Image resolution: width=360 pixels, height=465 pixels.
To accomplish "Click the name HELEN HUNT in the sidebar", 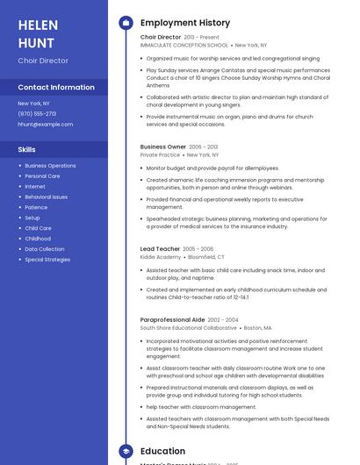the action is point(38,33).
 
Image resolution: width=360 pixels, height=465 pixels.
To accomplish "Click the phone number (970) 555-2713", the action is point(37,114).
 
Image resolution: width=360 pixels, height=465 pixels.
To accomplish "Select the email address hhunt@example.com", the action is point(46,125).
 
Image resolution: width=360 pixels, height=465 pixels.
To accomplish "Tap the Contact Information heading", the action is point(56,88).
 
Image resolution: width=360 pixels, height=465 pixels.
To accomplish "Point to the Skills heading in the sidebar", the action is point(26,150).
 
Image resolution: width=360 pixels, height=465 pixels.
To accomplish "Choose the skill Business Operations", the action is point(50,166).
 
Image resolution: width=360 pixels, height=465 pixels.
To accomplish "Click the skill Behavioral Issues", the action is point(46,197).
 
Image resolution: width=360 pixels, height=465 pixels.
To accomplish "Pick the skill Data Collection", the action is point(45,249).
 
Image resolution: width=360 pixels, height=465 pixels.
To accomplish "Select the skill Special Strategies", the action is point(47,260).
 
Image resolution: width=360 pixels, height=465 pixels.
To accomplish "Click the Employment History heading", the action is point(185,23).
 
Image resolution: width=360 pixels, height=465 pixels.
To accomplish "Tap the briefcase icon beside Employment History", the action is point(126,23).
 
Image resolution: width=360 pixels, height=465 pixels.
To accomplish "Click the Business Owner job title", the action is point(163,147).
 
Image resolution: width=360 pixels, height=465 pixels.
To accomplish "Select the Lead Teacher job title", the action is point(160,249).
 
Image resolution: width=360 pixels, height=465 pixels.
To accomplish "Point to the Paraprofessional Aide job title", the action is point(172,320).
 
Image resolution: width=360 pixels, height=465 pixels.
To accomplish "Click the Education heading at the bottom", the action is point(163,451).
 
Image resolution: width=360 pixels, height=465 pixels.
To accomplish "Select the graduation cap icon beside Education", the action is point(126,451).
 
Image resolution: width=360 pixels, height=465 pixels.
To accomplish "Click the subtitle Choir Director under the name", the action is point(43,61).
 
